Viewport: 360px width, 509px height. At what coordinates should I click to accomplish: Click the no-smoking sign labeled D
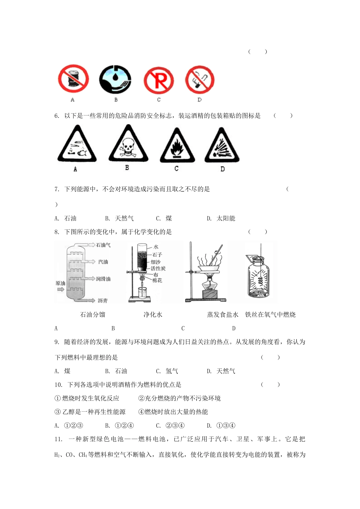pos(200,80)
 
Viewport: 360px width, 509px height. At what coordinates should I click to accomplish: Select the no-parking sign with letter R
pos(159,81)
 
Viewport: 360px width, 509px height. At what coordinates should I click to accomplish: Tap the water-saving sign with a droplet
pos(115,80)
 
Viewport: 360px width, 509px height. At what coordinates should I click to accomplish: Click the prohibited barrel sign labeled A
pos(73,79)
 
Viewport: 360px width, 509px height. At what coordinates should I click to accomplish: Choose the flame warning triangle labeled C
pos(177,146)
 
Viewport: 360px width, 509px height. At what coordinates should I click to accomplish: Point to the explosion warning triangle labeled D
pos(222,146)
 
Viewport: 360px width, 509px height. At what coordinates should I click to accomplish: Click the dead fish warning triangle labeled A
pos(77,145)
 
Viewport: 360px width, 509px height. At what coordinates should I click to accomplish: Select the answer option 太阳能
pos(226,218)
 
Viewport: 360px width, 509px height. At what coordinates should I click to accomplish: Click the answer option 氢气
pos(172,371)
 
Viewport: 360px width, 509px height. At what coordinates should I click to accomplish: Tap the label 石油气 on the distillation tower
pos(103,245)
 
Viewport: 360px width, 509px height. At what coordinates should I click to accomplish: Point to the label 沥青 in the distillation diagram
pos(102,300)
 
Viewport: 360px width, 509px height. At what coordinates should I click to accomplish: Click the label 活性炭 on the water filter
pos(158,268)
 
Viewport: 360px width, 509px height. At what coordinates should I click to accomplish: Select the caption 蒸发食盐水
pos(222,314)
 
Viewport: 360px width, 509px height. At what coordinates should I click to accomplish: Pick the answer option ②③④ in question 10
pos(175,425)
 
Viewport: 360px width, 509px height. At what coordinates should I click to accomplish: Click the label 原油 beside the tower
pos(60,283)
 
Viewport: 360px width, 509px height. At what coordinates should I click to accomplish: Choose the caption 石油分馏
pos(92,314)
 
